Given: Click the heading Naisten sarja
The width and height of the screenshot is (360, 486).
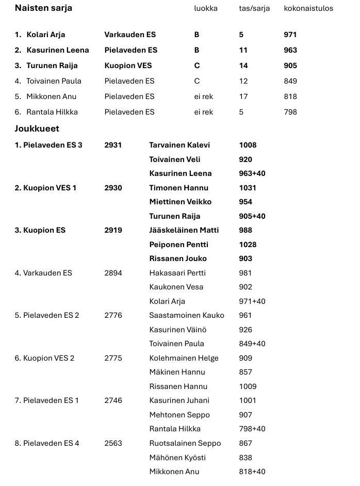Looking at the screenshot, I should click(43, 8).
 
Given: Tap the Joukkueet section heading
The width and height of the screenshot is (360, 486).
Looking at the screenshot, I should click(37, 128).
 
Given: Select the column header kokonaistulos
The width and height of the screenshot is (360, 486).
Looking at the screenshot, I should click(308, 8).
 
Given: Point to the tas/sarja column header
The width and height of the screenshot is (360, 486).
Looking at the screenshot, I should click(253, 8).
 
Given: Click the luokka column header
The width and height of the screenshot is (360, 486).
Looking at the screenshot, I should click(206, 8).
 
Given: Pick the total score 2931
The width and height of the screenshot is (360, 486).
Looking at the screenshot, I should click(113, 145).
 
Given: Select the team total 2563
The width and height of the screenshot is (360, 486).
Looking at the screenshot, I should click(113, 443).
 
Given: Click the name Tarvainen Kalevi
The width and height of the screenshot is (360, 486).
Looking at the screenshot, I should click(179, 145).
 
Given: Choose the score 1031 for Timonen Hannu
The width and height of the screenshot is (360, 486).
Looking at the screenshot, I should click(248, 188).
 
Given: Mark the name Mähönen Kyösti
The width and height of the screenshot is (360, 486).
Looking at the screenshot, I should click(177, 457).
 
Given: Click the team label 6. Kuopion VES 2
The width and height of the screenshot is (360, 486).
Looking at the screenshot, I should click(44, 358).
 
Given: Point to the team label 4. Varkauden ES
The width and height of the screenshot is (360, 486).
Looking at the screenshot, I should click(43, 273).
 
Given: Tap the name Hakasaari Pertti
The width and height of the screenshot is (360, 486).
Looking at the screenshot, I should click(177, 273).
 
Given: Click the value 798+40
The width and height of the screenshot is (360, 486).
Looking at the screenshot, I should click(252, 429).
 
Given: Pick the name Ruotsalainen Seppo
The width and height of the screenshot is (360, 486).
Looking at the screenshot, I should click(185, 443).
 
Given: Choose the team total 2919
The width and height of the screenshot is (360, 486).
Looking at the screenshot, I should click(113, 230).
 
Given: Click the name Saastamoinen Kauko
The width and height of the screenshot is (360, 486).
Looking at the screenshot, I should click(187, 315).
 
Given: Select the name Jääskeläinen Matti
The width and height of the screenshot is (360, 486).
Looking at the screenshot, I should click(184, 230).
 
